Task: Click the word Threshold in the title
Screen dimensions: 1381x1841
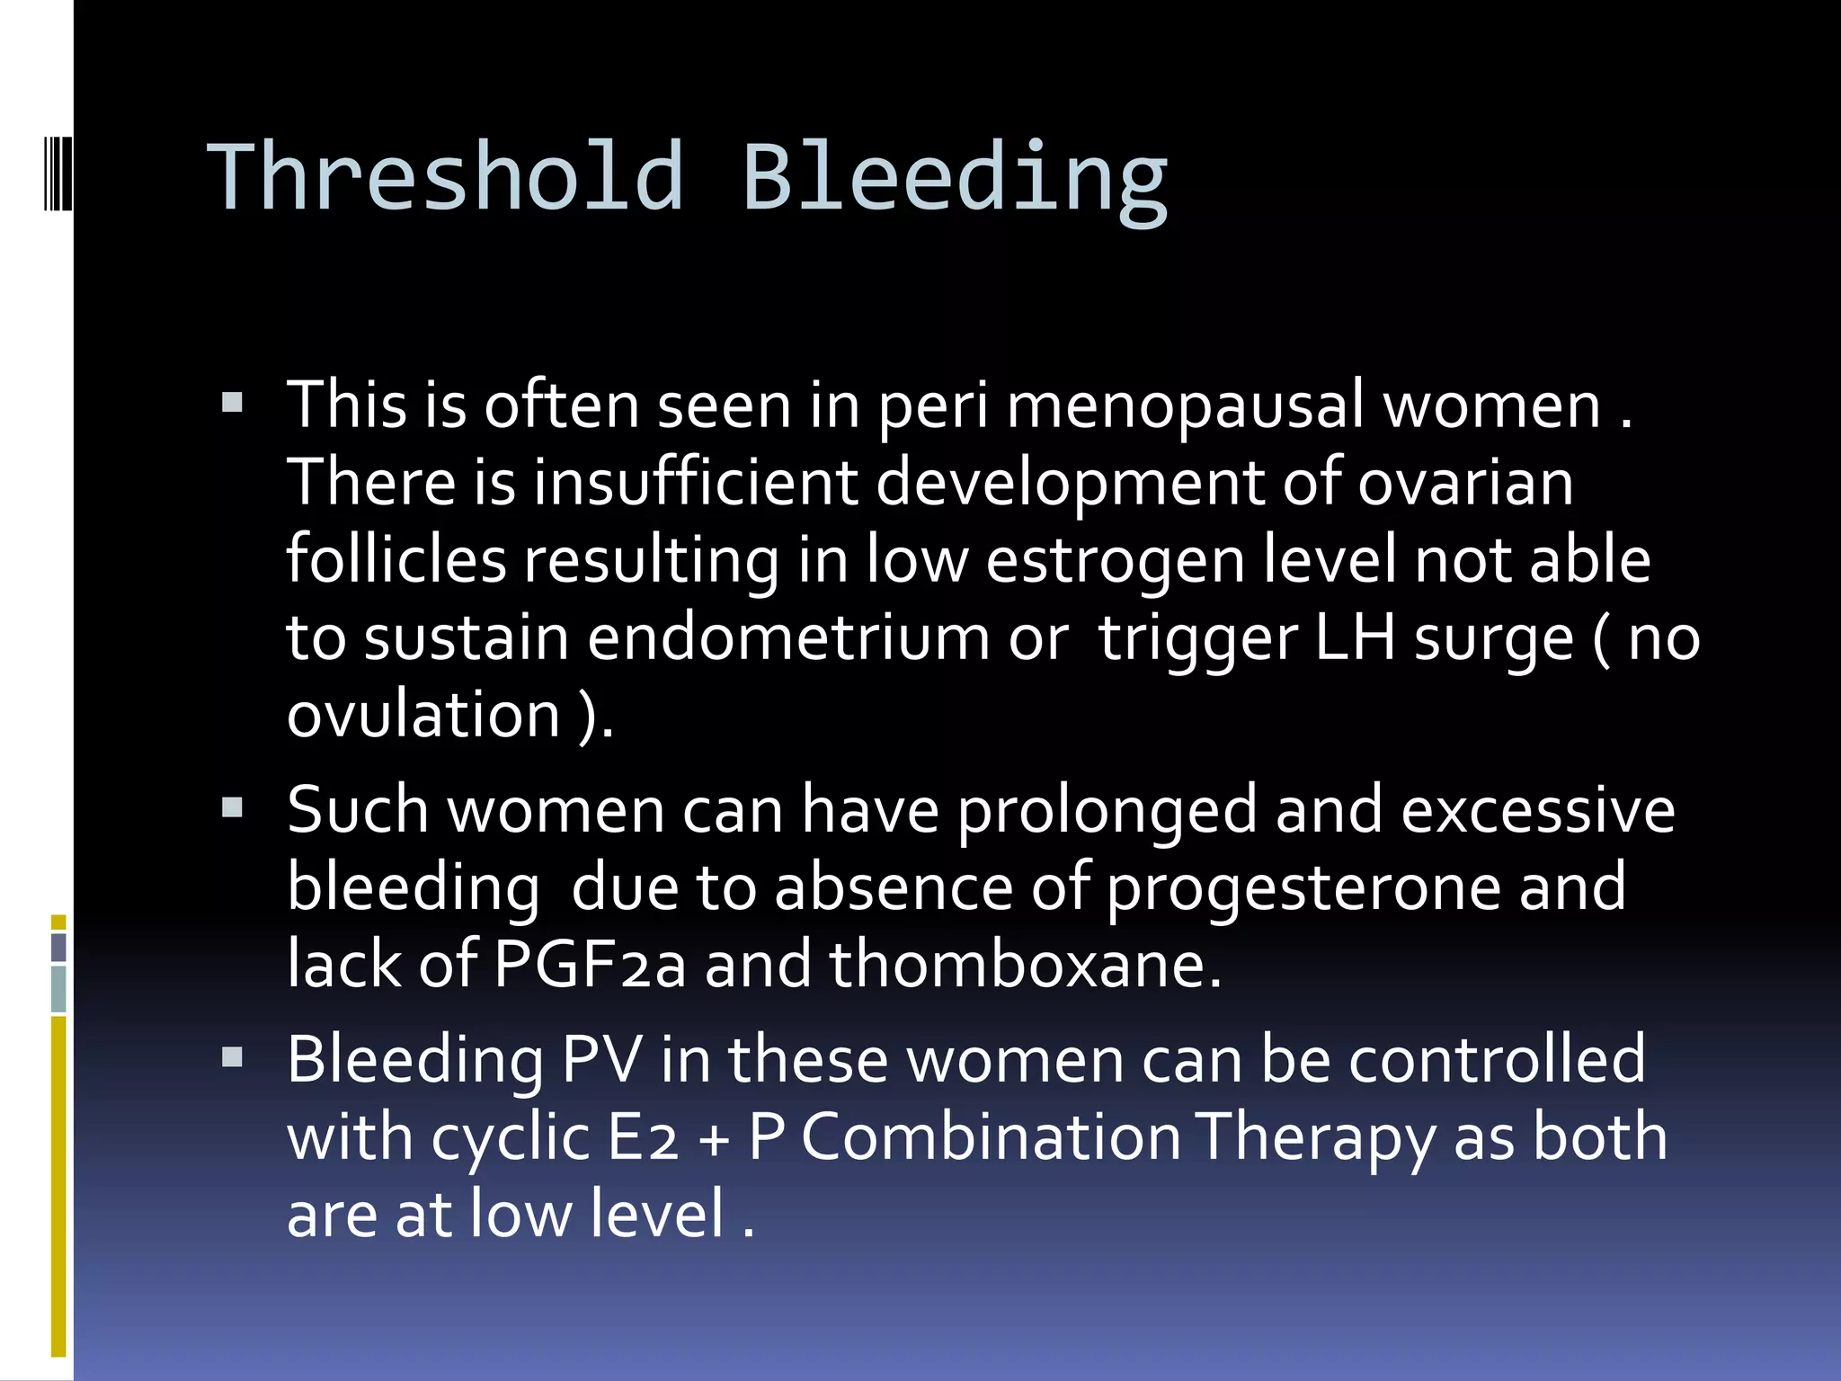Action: click(x=446, y=177)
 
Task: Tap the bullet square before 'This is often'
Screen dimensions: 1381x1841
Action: click(x=233, y=402)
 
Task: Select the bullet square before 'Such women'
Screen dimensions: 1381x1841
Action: click(x=233, y=806)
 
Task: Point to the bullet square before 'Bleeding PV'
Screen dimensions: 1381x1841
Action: click(x=233, y=1056)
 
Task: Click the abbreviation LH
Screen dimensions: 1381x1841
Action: click(x=1355, y=637)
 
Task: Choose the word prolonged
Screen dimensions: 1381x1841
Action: click(x=1107, y=811)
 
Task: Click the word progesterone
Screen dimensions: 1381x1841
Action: click(x=1303, y=888)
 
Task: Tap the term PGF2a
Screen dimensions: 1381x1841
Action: click(x=590, y=965)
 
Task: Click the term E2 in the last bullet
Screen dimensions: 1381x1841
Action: click(x=643, y=1137)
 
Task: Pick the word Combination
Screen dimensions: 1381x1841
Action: click(x=990, y=1137)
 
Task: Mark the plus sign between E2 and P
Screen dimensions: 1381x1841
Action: click(x=715, y=1140)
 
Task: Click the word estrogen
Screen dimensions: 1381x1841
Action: click(x=1116, y=561)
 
